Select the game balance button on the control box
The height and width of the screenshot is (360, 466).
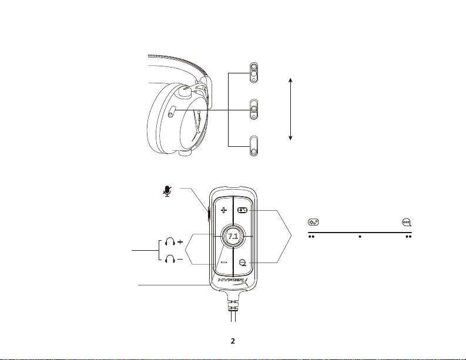(242, 210)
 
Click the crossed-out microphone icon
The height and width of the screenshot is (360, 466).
(169, 191)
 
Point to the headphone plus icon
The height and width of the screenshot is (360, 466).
(175, 241)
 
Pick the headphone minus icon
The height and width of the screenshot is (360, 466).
(175, 258)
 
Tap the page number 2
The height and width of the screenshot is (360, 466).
(233, 341)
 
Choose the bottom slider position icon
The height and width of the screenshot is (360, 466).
(253, 147)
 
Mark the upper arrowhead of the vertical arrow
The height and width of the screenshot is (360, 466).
(291, 79)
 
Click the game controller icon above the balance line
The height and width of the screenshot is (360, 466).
(313, 222)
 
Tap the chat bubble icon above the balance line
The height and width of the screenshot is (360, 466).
(406, 222)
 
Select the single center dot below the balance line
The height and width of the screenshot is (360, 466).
(359, 240)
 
